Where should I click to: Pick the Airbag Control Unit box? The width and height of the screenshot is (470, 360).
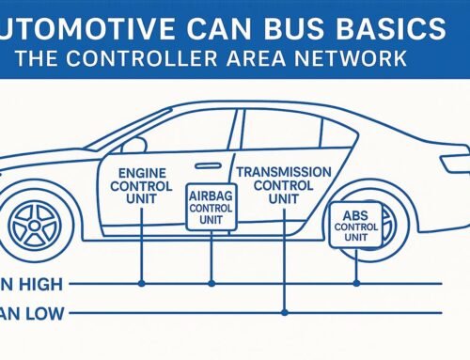211,206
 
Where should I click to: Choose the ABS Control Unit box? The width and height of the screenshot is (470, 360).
356,227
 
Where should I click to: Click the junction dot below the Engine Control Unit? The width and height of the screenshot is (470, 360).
141,282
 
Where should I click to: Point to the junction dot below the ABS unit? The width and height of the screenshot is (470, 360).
356,282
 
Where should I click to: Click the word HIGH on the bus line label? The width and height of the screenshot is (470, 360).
39,282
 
